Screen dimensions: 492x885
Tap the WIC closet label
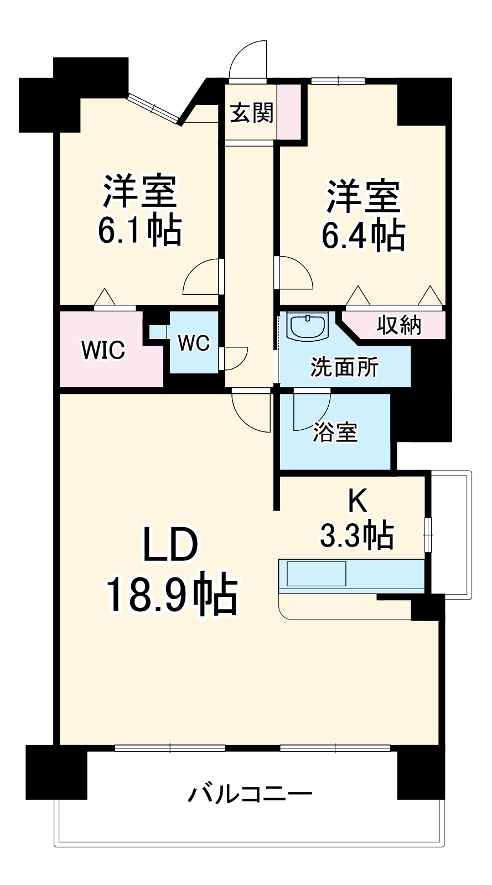pos(103,349)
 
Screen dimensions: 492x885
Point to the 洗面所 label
pos(344,367)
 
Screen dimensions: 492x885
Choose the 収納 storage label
pos(398,326)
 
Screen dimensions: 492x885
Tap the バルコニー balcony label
pos(250,793)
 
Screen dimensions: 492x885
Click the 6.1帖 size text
pos(139,230)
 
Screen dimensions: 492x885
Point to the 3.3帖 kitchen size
pos(356,535)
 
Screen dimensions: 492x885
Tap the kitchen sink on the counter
pos(316,574)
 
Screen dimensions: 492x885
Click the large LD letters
pos(170,545)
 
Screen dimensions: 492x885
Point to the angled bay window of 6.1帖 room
pos(154,107)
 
